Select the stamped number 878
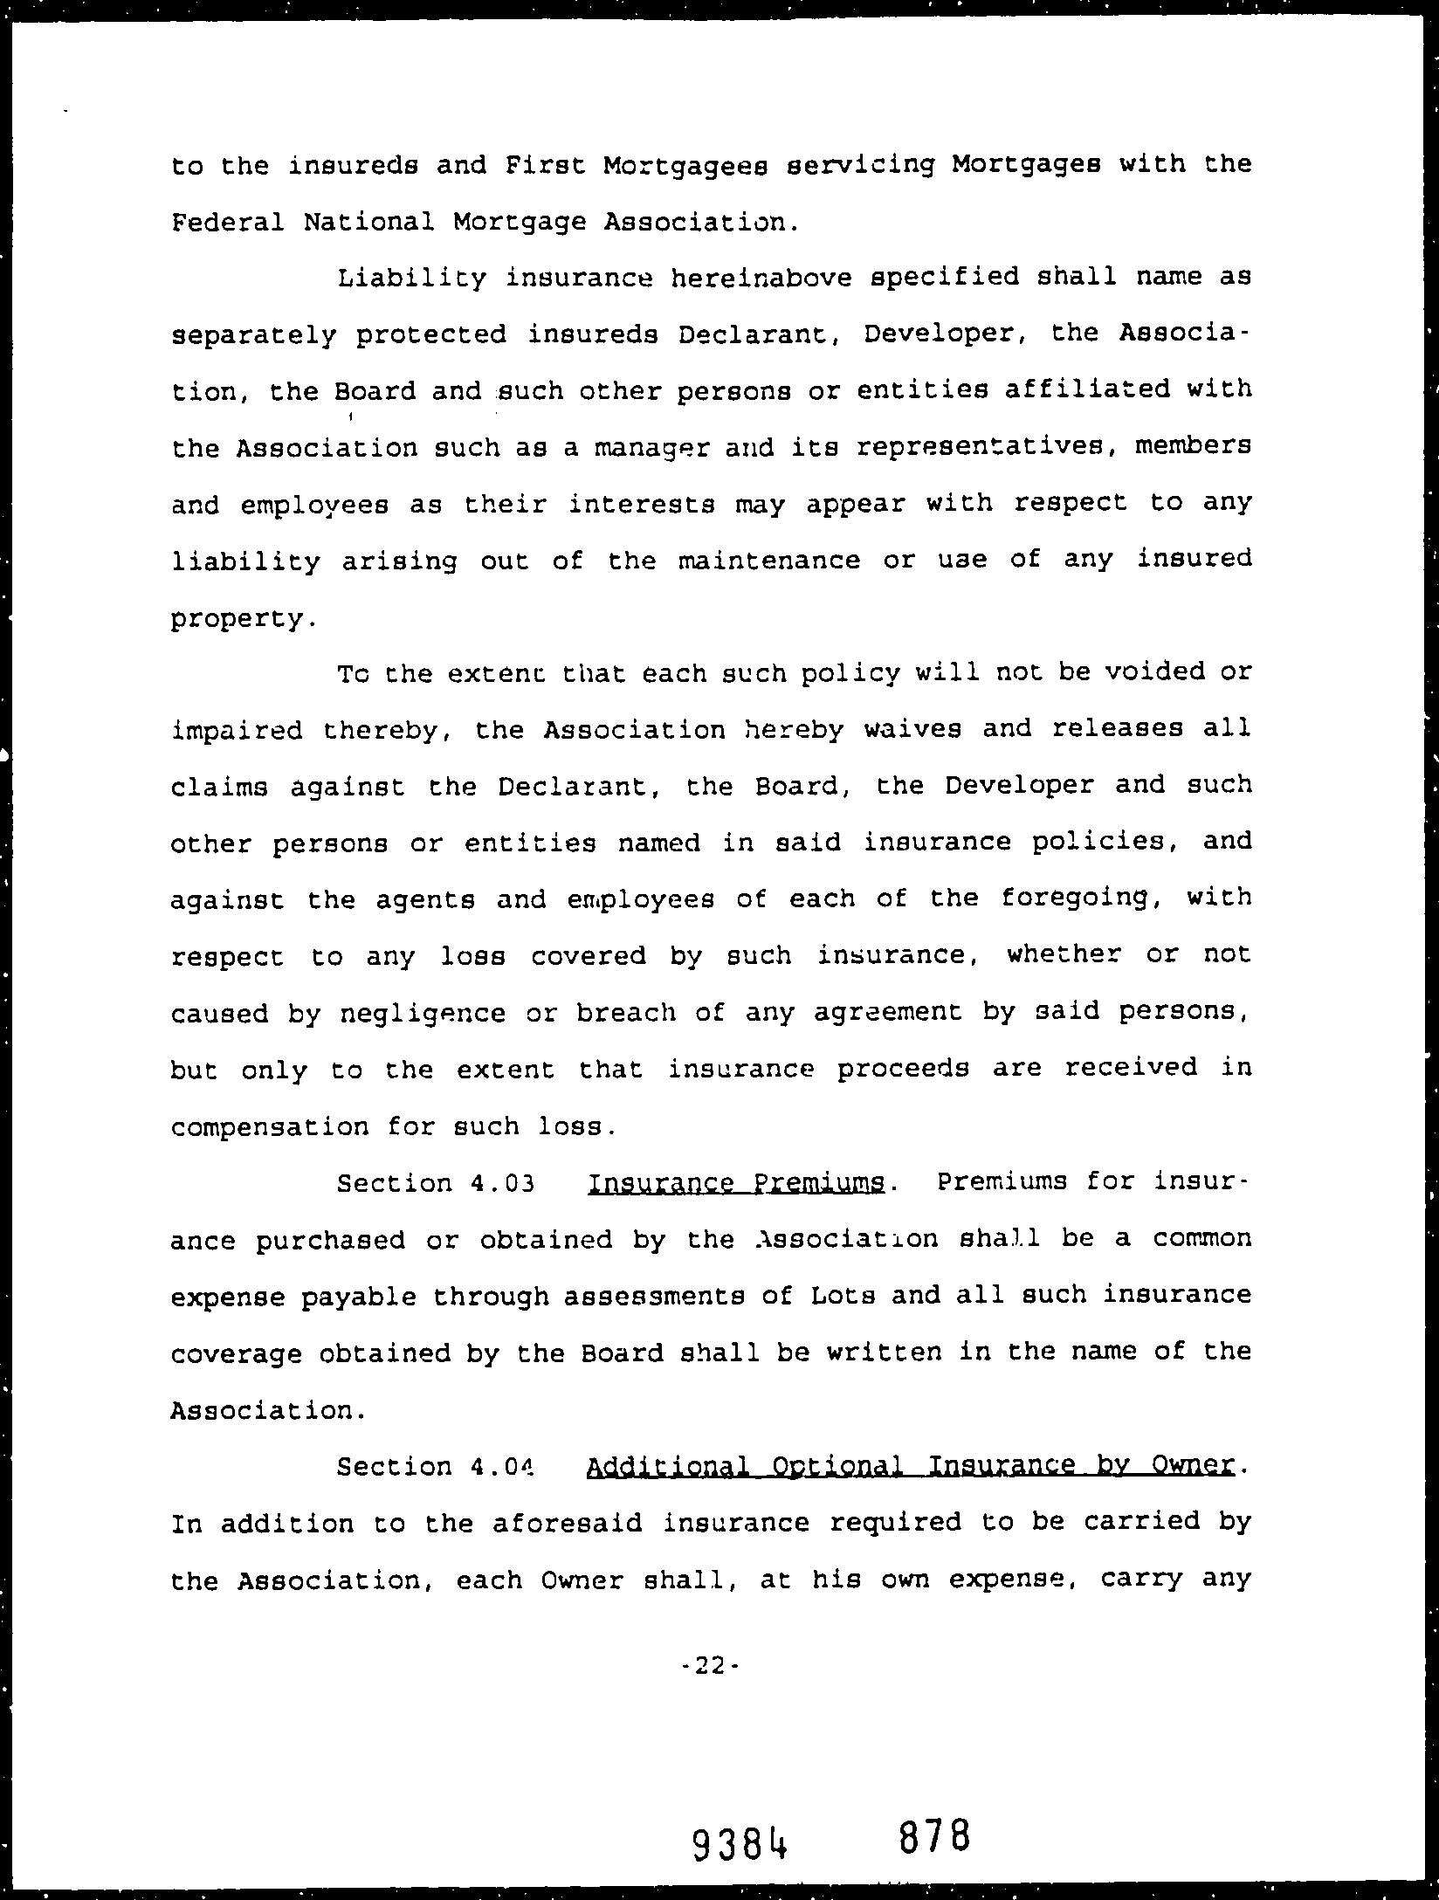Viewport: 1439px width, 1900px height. pos(933,1836)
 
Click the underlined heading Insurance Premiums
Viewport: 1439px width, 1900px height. pos(736,1184)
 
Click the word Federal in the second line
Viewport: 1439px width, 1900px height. pos(227,223)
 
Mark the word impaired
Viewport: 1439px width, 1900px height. pos(237,730)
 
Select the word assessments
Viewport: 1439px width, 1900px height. pos(653,1297)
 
